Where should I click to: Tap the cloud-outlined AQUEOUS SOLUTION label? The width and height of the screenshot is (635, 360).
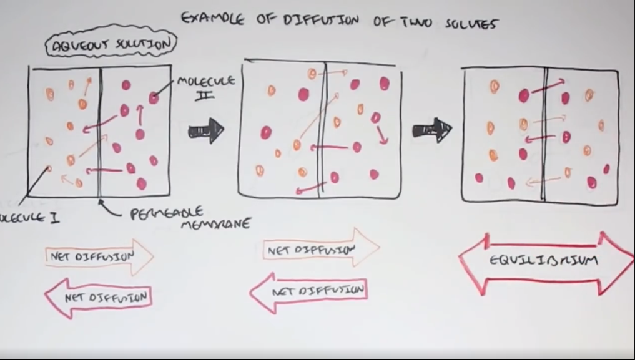point(111,44)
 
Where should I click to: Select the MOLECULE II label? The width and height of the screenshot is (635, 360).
point(205,87)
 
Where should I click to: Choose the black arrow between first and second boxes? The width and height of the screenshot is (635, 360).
point(206,130)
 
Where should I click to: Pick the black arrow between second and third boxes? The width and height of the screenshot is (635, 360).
point(431,130)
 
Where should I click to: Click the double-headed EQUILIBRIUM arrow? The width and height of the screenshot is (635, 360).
point(547,262)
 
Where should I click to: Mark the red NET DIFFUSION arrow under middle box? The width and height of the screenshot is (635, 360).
point(308,291)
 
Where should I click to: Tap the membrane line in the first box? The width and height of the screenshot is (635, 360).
point(100,131)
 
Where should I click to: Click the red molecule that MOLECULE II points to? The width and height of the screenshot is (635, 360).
point(154,97)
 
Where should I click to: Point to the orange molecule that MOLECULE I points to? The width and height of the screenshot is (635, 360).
point(49,168)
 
